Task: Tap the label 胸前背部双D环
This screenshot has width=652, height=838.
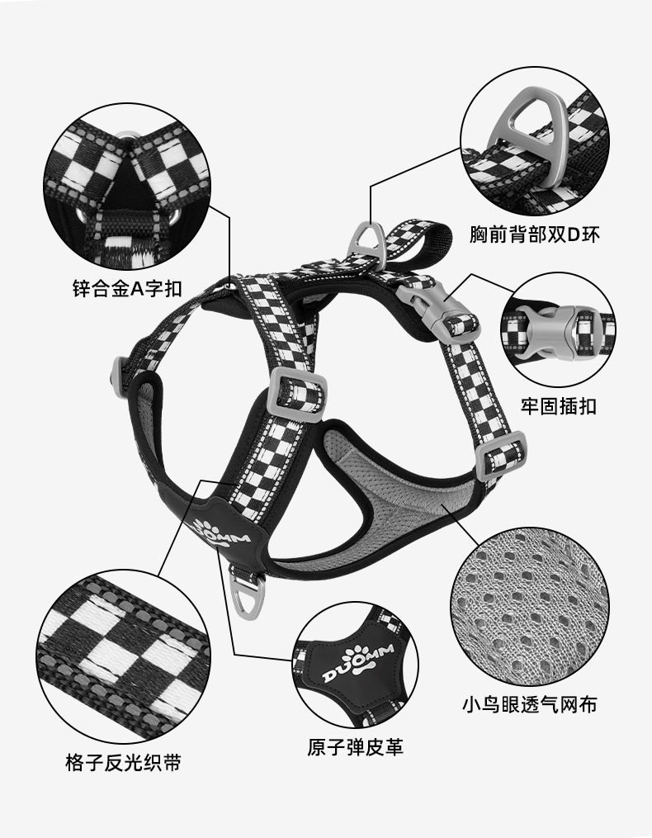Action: pos(534,234)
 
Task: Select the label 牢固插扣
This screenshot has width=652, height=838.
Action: pos(558,406)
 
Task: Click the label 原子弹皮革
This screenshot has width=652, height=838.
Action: pos(356,747)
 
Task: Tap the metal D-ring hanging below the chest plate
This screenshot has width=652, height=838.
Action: pos(251,594)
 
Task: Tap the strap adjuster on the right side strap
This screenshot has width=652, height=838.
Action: pos(504,451)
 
